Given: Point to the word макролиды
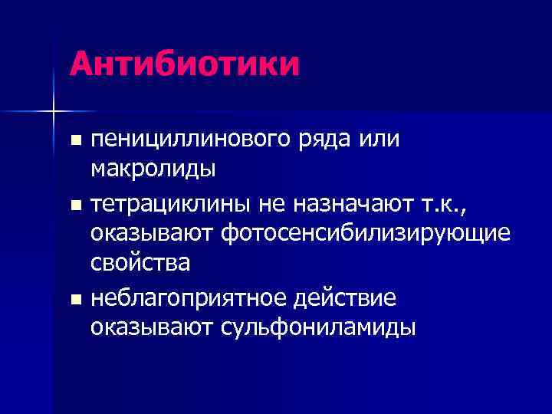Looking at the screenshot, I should point(153,167).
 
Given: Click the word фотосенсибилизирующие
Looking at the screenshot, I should point(366,233).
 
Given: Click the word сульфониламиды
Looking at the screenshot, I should point(318,327).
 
